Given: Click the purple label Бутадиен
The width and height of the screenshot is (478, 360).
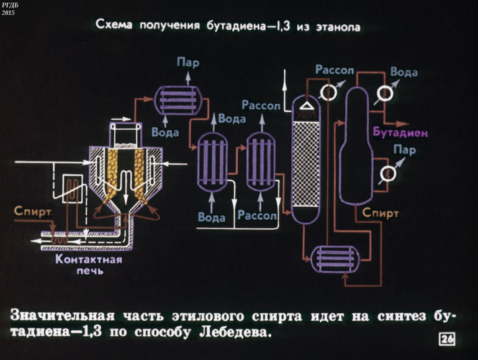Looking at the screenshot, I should click(x=400, y=133).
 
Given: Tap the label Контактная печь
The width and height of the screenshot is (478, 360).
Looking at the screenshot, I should click(x=89, y=265).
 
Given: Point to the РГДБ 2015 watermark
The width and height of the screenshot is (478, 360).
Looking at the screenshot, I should click(x=10, y=9).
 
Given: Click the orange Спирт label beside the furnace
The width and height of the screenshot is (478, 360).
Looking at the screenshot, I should click(x=32, y=212).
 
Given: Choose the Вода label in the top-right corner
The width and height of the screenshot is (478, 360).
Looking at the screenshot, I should click(x=404, y=72).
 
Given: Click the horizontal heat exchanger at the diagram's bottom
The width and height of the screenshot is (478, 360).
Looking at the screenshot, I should click(x=335, y=258).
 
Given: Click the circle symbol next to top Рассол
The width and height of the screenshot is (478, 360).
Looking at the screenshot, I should click(x=327, y=92).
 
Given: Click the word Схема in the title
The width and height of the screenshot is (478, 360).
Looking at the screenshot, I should click(x=114, y=26).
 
